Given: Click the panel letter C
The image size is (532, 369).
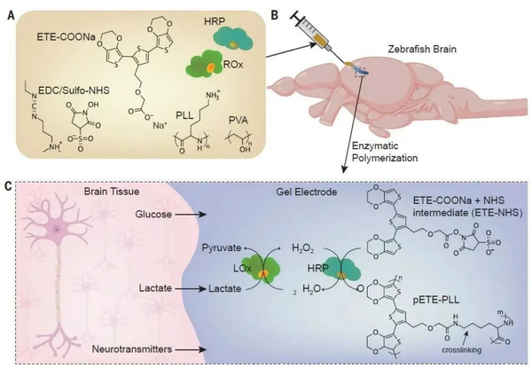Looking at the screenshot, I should (x=8, y=185).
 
